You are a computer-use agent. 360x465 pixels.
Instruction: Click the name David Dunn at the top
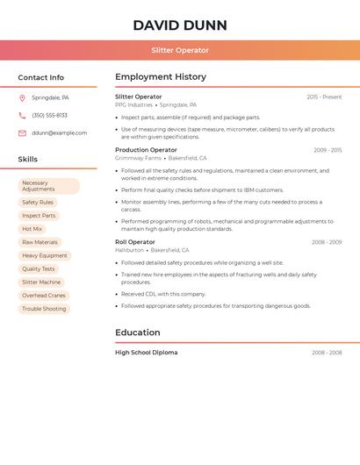click(x=180, y=25)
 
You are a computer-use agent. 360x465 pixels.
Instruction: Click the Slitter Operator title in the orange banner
click(x=180, y=51)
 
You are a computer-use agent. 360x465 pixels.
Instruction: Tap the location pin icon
click(x=22, y=98)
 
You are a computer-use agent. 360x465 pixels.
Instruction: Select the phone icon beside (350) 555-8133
click(x=22, y=116)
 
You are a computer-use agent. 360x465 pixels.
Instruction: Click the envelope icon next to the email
click(x=22, y=133)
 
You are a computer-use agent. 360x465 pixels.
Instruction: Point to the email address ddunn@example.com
click(x=60, y=133)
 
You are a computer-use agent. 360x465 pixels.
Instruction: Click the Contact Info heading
click(x=41, y=77)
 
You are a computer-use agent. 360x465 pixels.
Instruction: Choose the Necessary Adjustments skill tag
click(x=48, y=186)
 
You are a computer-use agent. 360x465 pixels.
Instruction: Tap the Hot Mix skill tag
click(x=32, y=229)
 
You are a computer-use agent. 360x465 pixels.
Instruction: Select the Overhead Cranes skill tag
click(x=44, y=296)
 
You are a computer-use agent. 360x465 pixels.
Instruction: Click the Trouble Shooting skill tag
click(x=44, y=309)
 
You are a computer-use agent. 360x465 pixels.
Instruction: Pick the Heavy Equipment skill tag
click(x=45, y=255)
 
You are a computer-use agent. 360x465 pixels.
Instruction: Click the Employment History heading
click(x=161, y=77)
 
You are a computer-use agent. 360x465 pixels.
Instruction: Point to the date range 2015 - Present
click(x=324, y=97)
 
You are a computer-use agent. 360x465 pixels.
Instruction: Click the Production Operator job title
click(x=146, y=150)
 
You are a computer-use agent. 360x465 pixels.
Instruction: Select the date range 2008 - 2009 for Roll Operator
click(x=327, y=242)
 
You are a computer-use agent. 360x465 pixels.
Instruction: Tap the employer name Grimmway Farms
click(x=138, y=158)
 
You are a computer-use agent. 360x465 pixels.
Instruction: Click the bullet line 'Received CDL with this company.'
click(x=163, y=294)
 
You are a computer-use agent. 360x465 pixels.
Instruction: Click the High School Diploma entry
click(x=147, y=353)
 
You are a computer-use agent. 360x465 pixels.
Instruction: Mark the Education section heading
click(x=138, y=333)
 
